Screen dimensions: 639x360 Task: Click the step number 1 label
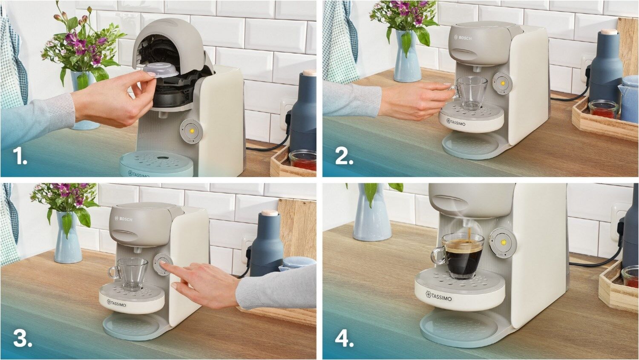point(20,156)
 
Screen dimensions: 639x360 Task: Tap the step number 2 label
point(344,156)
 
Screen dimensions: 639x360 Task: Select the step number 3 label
point(23,339)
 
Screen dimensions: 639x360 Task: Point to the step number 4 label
point(344,339)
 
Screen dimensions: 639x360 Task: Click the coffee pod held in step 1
point(161,70)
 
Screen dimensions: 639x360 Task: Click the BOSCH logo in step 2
point(463,37)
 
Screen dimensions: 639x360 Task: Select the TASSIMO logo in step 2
point(456,122)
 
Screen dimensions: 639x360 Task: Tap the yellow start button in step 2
point(503,84)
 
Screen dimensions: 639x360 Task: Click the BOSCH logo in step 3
point(124,219)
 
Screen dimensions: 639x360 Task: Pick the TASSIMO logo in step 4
point(438,296)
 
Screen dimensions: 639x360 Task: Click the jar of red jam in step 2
point(604,109)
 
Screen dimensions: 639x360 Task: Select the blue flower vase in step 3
point(68,237)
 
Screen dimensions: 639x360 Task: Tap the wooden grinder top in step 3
point(270,213)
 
